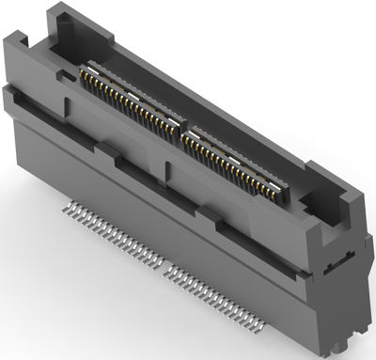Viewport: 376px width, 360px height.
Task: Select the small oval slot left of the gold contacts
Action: tap(67, 72)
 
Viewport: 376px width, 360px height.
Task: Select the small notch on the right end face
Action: tap(330, 267)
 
